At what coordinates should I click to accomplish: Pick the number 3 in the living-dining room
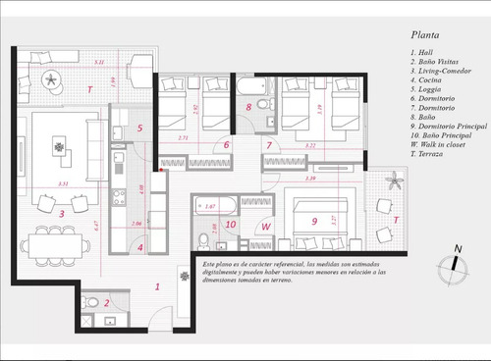[61, 211]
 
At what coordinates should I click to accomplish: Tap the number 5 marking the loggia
[139, 128]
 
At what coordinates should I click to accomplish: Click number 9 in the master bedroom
[315, 222]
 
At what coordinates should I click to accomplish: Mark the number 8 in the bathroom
[248, 106]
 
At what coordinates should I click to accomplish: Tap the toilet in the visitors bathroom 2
[84, 303]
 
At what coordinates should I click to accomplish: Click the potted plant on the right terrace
[394, 180]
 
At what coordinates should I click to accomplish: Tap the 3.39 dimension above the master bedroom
[310, 179]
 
